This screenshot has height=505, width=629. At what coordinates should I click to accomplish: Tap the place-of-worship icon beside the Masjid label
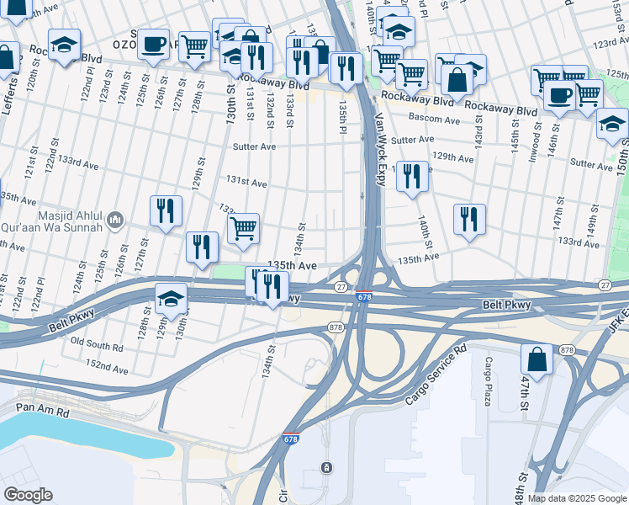(116, 221)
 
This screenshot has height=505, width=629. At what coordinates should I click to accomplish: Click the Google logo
(28, 495)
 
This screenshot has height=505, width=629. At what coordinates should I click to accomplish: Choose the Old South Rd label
(97, 343)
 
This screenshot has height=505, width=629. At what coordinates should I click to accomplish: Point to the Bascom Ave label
(434, 120)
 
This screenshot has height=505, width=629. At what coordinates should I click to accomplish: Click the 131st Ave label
(246, 183)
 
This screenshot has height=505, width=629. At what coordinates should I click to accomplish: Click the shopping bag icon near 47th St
(536, 359)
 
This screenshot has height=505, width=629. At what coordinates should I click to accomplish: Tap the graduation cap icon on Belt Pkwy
(171, 300)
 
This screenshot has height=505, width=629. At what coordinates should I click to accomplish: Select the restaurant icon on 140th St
(411, 177)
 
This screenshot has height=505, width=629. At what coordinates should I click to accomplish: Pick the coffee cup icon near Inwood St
(559, 94)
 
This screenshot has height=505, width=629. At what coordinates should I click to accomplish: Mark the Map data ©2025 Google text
(578, 498)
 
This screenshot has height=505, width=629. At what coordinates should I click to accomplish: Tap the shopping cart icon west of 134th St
(243, 228)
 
